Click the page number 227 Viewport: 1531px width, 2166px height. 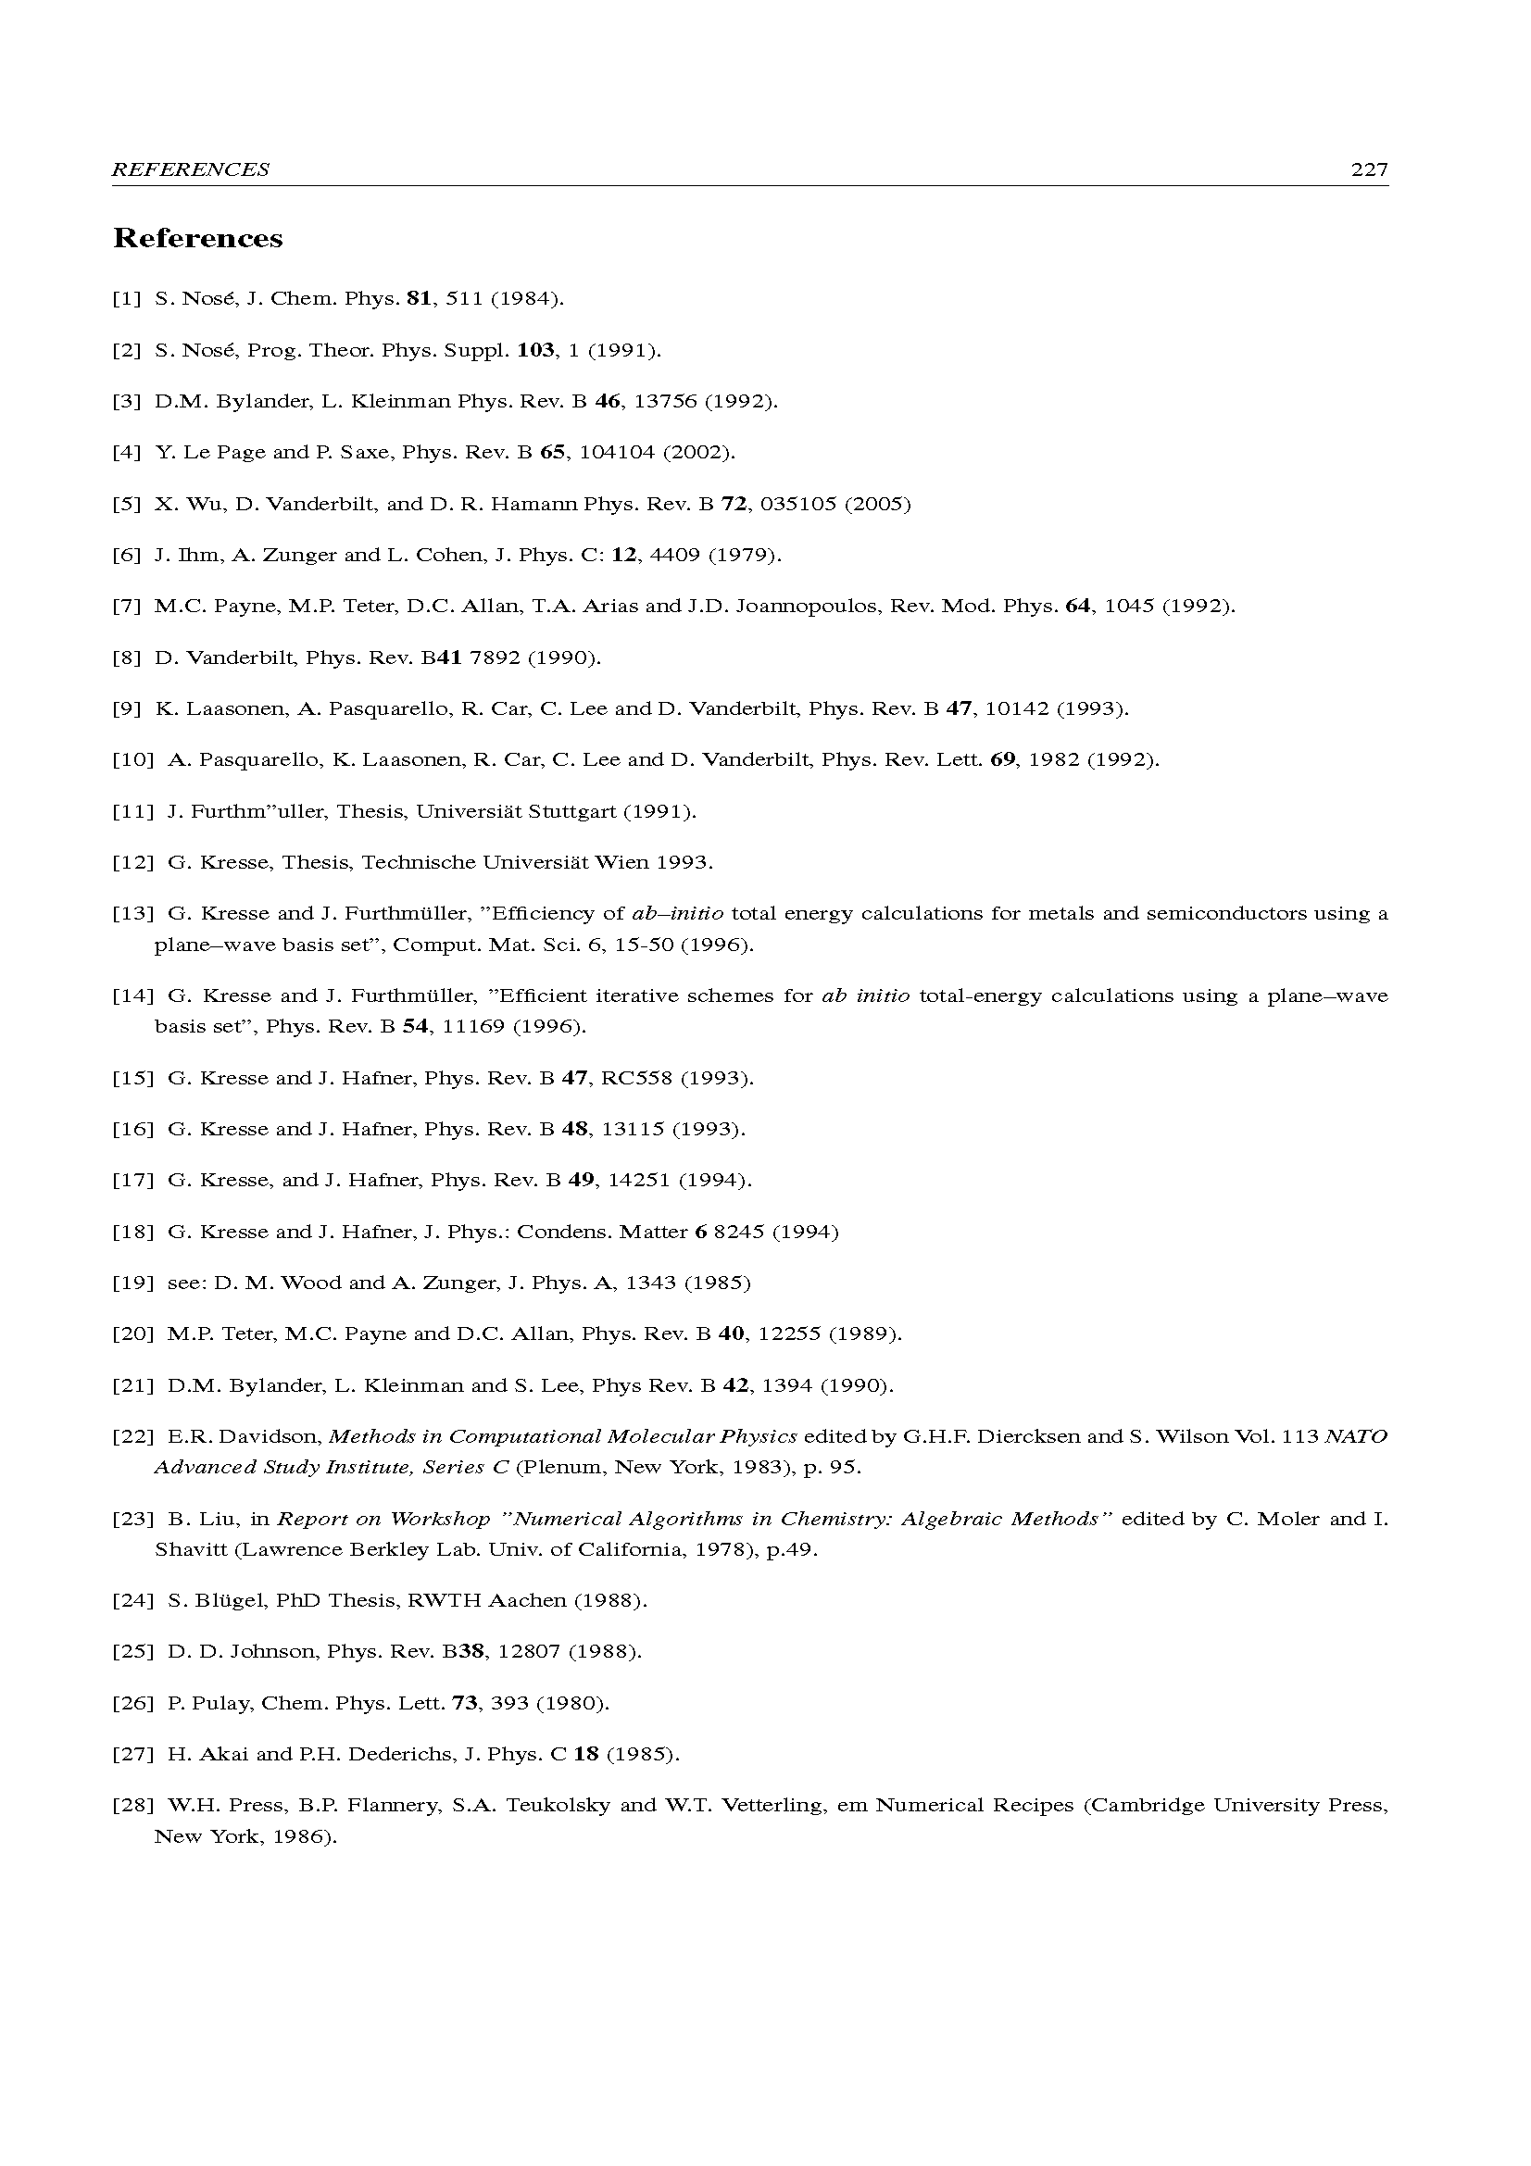(x=1369, y=169)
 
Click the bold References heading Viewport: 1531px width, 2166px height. (x=198, y=239)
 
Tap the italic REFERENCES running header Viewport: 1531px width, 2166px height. (x=191, y=169)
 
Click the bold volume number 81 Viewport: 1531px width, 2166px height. (x=419, y=299)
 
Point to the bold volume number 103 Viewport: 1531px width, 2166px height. (x=535, y=351)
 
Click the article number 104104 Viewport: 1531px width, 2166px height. (x=616, y=453)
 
